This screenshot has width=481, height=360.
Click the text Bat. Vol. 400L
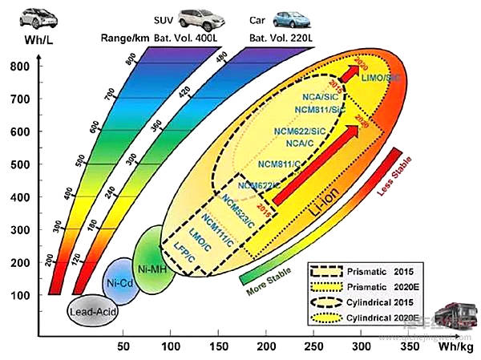click(x=196, y=37)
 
